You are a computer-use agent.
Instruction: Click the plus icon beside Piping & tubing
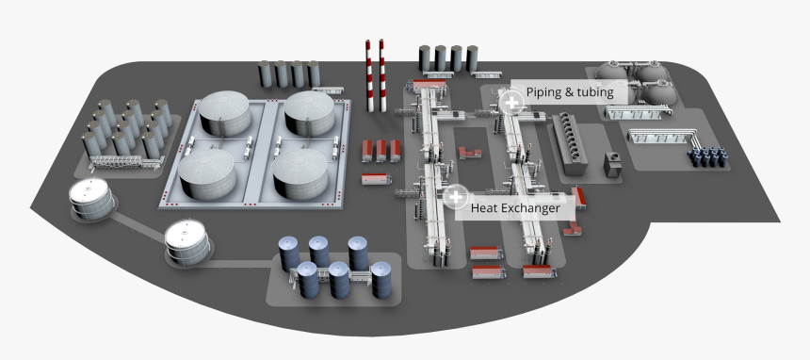coord(512,101)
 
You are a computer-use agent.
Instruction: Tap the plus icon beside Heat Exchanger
coord(456,197)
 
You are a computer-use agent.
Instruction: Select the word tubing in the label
coord(595,92)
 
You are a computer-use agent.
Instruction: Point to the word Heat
coord(485,207)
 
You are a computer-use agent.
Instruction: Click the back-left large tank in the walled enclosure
coord(224,113)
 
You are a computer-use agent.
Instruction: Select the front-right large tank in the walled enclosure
coord(300,172)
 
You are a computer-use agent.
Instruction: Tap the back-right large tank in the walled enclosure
coord(310,111)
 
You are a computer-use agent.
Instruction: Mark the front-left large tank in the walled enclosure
coord(207,174)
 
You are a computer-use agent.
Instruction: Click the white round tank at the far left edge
coord(91,200)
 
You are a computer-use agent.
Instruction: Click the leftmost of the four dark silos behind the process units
coord(426,58)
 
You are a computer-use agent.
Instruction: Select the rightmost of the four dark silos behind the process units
coord(471,58)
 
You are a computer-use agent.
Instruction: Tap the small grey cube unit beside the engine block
coord(613,164)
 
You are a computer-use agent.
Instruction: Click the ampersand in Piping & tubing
coord(574,92)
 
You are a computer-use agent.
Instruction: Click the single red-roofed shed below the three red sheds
coord(377,177)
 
